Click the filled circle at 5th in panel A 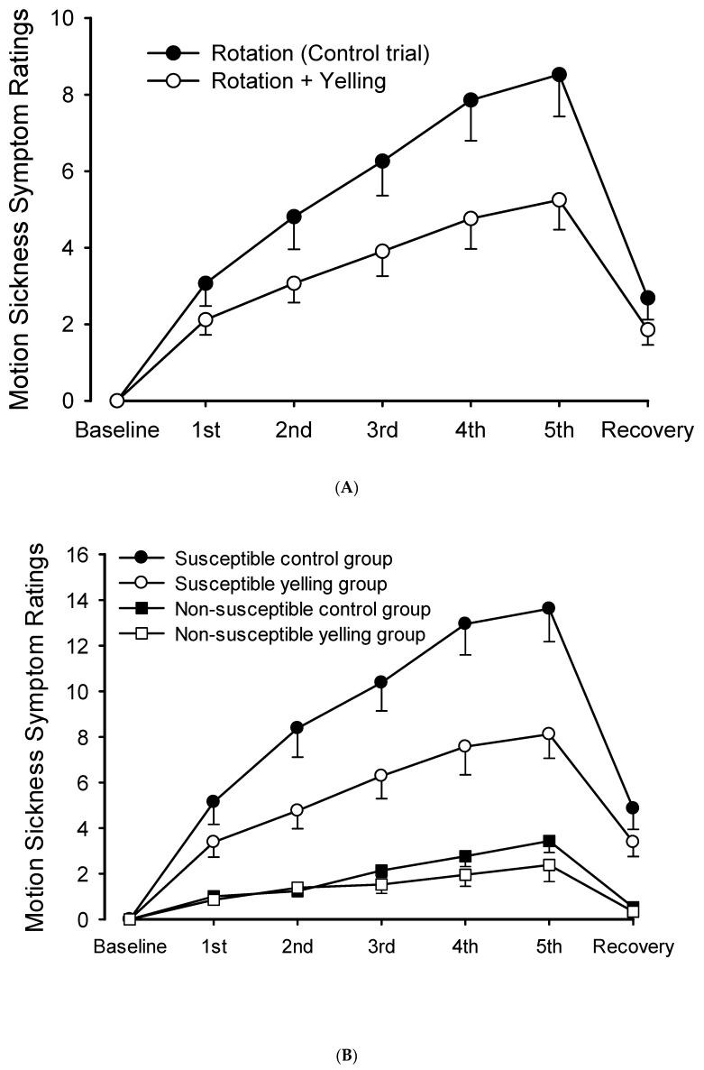click(559, 75)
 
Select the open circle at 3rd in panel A click(382, 252)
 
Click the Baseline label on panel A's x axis click(116, 430)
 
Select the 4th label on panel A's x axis click(471, 430)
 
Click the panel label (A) click(352, 488)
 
